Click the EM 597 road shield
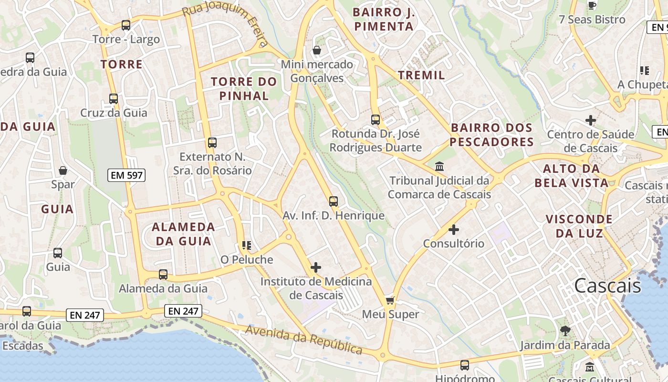click(126, 175)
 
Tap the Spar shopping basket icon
click(63, 170)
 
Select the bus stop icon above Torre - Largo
click(126, 25)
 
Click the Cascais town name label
click(607, 286)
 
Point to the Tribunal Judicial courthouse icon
click(439, 167)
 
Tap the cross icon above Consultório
click(454, 230)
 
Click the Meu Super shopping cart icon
click(390, 300)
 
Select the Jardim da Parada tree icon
click(565, 330)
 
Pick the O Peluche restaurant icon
click(246, 245)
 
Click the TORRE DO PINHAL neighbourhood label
click(244, 88)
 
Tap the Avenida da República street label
click(304, 340)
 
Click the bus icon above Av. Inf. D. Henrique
click(334, 202)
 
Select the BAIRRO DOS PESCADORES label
click(491, 135)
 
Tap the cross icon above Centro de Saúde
click(591, 120)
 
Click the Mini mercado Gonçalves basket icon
click(316, 50)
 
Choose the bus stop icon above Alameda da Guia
click(163, 275)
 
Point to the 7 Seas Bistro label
click(592, 20)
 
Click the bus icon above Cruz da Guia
click(114, 99)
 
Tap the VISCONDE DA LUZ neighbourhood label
click(579, 226)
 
